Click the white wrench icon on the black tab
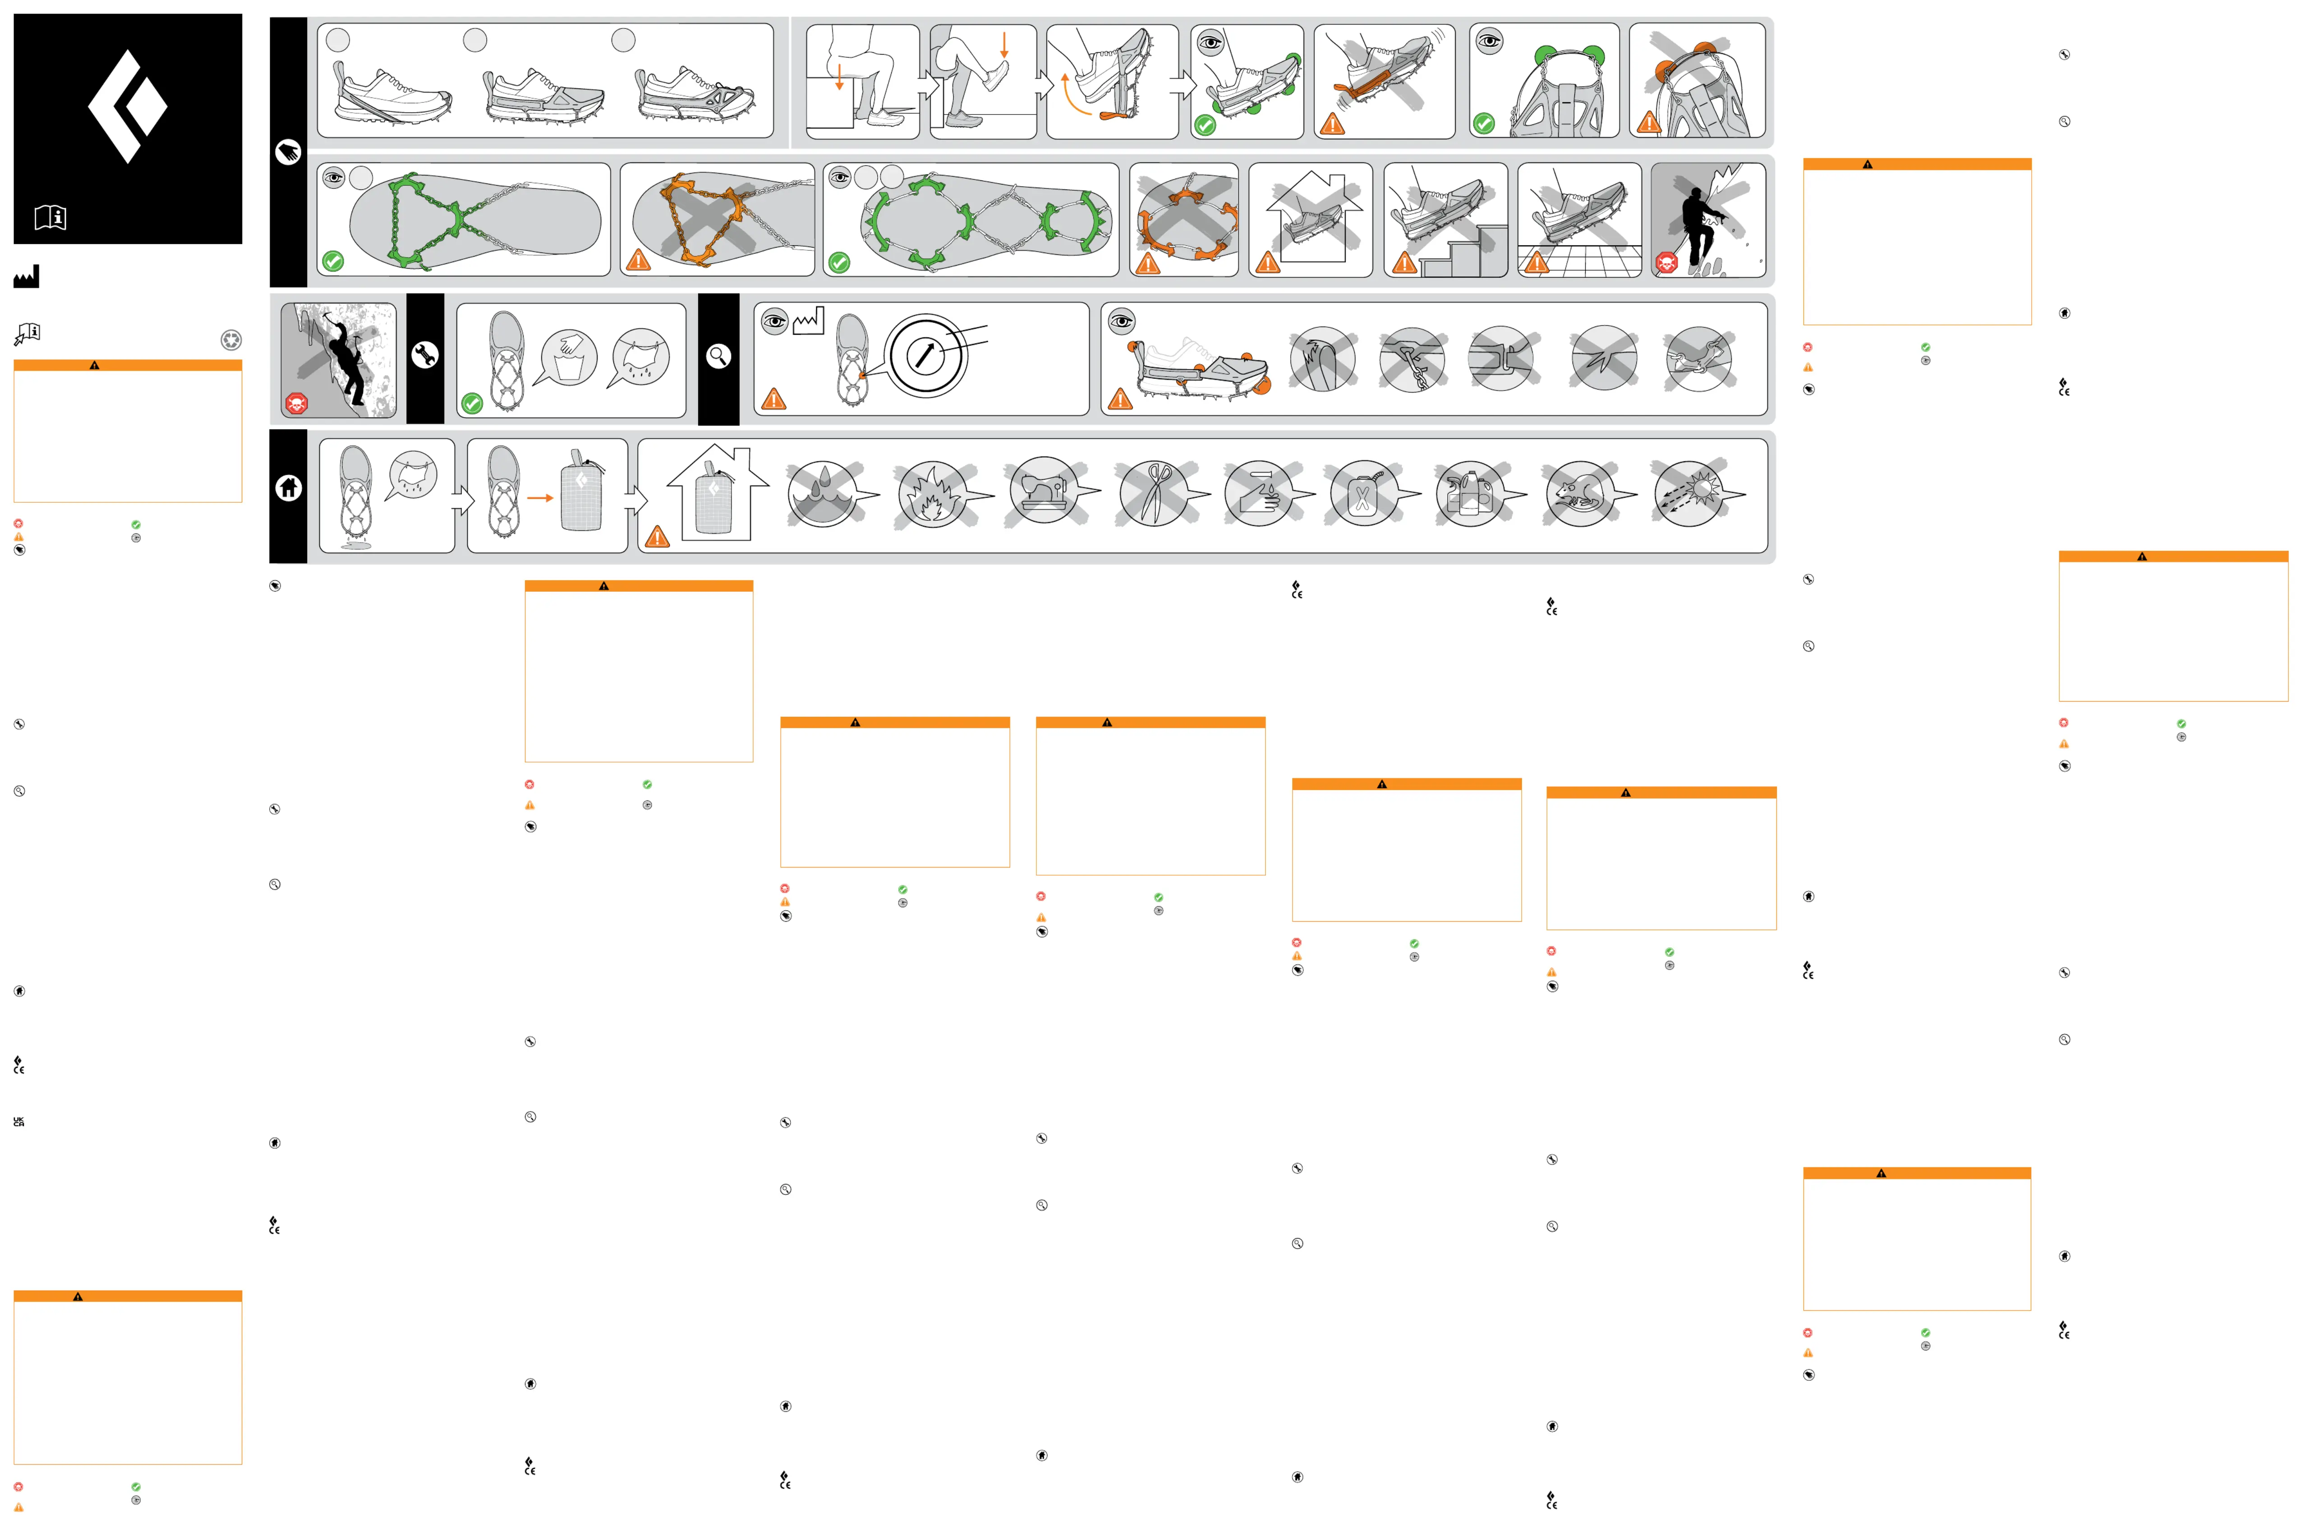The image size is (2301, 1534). [x=424, y=356]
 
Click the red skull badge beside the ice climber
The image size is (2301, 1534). [x=296, y=403]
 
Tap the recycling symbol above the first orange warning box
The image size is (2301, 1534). [x=231, y=340]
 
